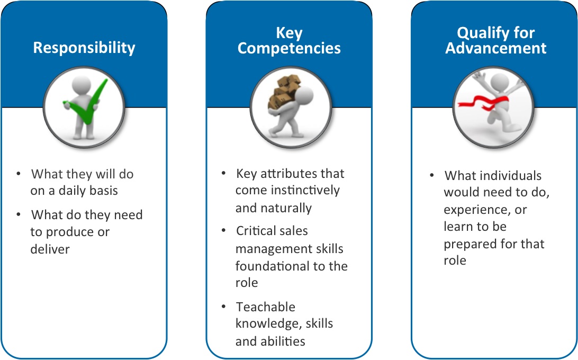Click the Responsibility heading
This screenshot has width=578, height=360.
click(x=84, y=48)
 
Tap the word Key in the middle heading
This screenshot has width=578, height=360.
click(x=289, y=33)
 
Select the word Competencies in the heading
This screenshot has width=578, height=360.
click(x=289, y=48)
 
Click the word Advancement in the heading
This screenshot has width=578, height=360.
click(x=495, y=48)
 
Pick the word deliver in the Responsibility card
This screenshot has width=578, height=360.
click(x=49, y=249)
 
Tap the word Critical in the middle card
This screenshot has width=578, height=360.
click(x=257, y=231)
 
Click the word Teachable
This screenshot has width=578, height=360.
click(x=266, y=307)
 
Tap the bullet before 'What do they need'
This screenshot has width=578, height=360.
click(x=19, y=214)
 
